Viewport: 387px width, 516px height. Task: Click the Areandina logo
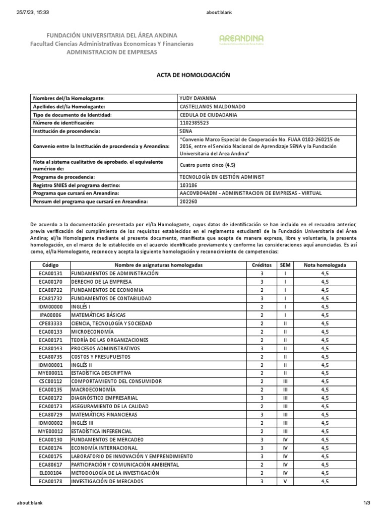tap(241, 39)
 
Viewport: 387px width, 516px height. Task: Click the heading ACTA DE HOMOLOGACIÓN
tap(193, 75)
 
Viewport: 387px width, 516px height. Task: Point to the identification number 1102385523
tap(194, 123)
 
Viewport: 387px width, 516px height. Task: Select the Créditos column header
tap(262, 265)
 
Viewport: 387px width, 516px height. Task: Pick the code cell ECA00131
tap(50, 274)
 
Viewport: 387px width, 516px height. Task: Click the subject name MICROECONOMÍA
tap(92, 332)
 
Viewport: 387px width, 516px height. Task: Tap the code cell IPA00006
tap(50, 315)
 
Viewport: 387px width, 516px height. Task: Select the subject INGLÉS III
tap(83, 423)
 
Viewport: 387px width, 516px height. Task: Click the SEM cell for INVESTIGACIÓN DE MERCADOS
tap(285, 482)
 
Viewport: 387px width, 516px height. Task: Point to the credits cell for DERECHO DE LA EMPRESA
tap(262, 282)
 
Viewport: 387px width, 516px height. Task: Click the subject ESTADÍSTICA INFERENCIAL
tap(101, 432)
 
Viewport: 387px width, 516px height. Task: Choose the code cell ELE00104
tap(50, 473)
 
